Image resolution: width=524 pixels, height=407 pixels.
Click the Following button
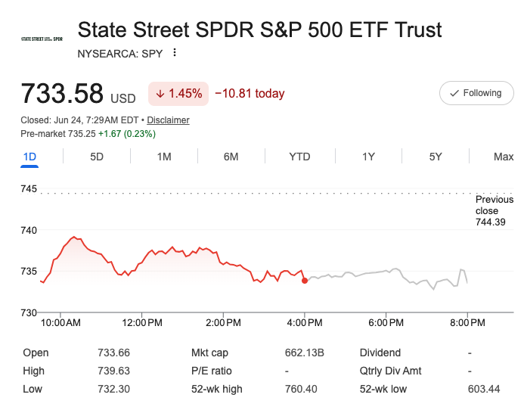(476, 93)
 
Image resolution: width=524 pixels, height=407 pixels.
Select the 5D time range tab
(97, 157)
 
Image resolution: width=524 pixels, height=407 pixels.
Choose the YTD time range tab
(299, 157)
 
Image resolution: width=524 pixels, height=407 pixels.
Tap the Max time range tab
(504, 157)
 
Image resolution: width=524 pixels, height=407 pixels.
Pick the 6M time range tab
(231, 157)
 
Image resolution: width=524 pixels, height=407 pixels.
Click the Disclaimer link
(168, 120)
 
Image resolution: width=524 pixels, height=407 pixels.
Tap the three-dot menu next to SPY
(175, 52)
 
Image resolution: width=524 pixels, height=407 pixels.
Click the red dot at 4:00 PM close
(305, 281)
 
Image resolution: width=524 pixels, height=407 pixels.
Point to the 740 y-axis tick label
(29, 230)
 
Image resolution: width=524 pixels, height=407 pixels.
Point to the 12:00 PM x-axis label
(142, 323)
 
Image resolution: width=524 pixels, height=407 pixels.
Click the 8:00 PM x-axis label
(467, 323)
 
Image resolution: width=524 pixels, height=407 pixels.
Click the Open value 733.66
(113, 353)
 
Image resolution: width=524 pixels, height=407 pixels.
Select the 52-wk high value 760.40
(301, 389)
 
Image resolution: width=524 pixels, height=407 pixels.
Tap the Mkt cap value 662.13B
(305, 353)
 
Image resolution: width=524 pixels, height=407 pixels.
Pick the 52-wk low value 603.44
(484, 389)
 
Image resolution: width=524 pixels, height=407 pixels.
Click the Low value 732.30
(113, 389)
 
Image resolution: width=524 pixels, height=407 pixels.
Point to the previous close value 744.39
(490, 222)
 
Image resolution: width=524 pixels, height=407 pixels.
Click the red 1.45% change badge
(178, 94)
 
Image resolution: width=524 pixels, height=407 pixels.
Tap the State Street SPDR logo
(42, 39)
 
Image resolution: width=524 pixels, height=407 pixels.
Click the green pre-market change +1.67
(110, 134)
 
